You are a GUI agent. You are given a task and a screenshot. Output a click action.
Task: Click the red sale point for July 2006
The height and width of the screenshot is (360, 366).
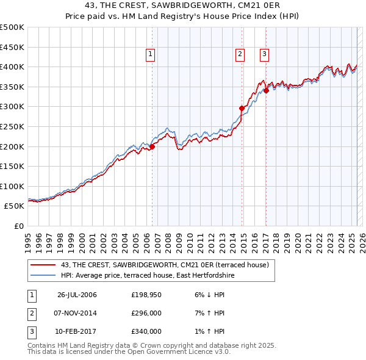[x=152, y=146]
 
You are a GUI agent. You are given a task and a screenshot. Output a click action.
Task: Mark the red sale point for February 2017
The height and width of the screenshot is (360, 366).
[x=267, y=90]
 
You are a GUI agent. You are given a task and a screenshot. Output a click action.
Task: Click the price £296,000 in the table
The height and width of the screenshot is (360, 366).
[x=146, y=313]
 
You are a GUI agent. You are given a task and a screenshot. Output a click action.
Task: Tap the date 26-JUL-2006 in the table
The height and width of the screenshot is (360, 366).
[x=77, y=295]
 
